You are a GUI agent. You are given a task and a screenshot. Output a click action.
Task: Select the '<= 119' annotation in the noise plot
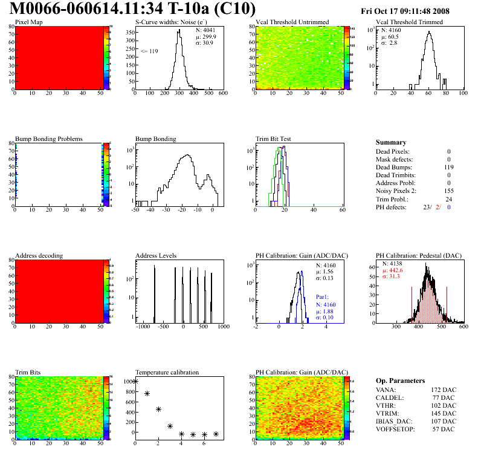click(x=149, y=51)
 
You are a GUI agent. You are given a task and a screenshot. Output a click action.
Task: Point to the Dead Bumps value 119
click(x=448, y=167)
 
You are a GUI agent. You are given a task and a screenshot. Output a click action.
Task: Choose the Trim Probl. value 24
click(x=448, y=198)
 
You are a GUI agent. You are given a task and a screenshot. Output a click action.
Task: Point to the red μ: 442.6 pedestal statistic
click(x=392, y=270)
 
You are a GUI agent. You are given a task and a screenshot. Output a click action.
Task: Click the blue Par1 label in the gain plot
click(x=322, y=297)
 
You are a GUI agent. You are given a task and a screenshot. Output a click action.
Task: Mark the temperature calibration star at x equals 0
click(x=135, y=381)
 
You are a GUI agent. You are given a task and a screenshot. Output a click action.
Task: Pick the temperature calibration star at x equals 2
click(x=158, y=410)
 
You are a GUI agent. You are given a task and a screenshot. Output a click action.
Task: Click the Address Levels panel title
click(x=156, y=256)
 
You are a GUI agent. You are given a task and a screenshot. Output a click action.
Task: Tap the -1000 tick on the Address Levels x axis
click(x=143, y=327)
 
